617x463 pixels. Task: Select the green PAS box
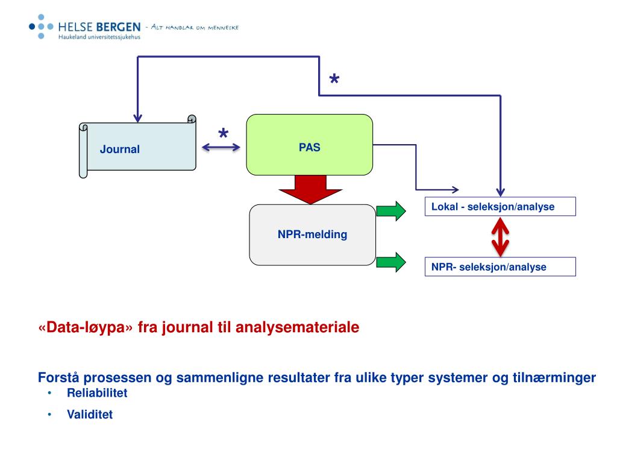pyautogui.click(x=309, y=145)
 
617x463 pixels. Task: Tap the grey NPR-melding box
pyautogui.click(x=313, y=235)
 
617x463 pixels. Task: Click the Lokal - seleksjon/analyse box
pyautogui.click(x=500, y=206)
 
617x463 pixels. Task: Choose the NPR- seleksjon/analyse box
pyautogui.click(x=500, y=266)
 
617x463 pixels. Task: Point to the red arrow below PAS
pyautogui.click(x=310, y=189)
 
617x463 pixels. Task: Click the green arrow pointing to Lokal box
pyautogui.click(x=391, y=211)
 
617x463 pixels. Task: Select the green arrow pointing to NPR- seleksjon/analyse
pyautogui.click(x=391, y=262)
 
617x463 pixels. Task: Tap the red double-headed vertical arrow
pyautogui.click(x=500, y=236)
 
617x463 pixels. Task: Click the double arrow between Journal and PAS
pyautogui.click(x=221, y=147)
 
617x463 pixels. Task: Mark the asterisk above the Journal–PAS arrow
pyautogui.click(x=223, y=133)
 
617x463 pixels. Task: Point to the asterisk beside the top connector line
pyautogui.click(x=334, y=79)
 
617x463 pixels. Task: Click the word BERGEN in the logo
pyautogui.click(x=119, y=27)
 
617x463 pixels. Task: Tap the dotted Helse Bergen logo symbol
pyautogui.click(x=41, y=27)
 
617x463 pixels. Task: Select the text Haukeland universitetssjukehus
pyautogui.click(x=99, y=37)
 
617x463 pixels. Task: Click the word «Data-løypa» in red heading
pyautogui.click(x=86, y=327)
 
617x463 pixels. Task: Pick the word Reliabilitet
pyautogui.click(x=97, y=393)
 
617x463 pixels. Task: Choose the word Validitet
pyautogui.click(x=90, y=414)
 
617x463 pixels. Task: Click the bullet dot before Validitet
pyautogui.click(x=49, y=414)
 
